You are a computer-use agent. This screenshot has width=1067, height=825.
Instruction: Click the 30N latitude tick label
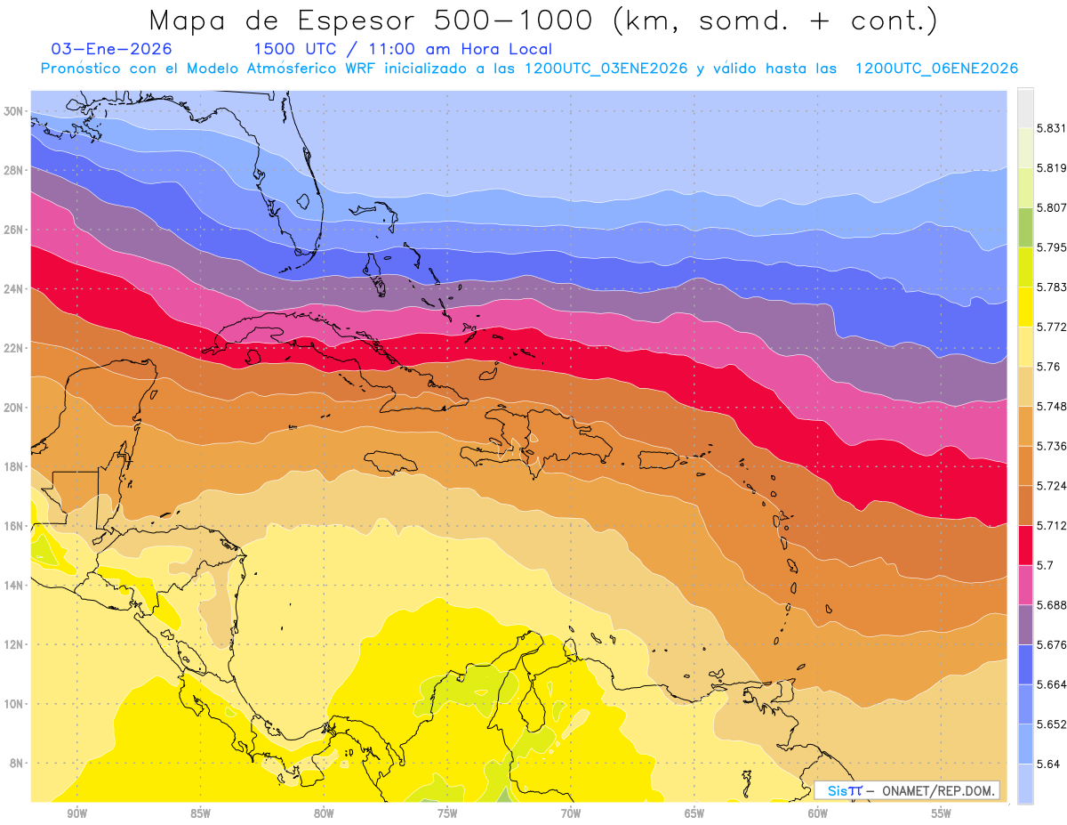(x=14, y=111)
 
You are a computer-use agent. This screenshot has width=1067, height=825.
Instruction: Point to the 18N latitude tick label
(x=14, y=466)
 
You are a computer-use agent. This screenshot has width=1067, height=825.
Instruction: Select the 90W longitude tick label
(x=76, y=813)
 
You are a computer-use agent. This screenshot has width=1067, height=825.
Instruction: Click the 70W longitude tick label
(x=571, y=813)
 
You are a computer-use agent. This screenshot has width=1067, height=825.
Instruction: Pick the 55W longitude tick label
(x=942, y=813)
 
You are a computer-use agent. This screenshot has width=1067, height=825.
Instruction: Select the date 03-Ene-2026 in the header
(x=112, y=50)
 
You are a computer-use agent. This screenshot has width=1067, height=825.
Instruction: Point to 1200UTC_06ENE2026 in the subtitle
(x=936, y=69)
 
